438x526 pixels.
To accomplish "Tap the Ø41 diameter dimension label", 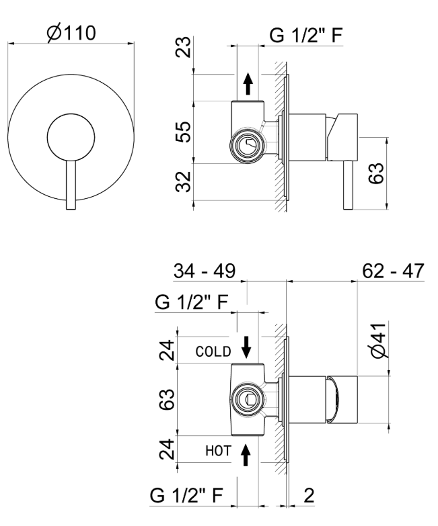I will click(x=379, y=341).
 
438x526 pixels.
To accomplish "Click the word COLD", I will click(x=213, y=351).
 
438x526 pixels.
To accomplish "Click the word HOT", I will click(x=217, y=452).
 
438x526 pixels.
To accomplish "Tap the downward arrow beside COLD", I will click(x=246, y=346).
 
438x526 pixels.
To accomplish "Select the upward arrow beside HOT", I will click(x=246, y=456).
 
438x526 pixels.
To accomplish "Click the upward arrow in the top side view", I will click(x=248, y=84).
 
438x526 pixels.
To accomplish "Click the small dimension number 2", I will click(x=308, y=496).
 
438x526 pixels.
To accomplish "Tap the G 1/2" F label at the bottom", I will click(x=188, y=496).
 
